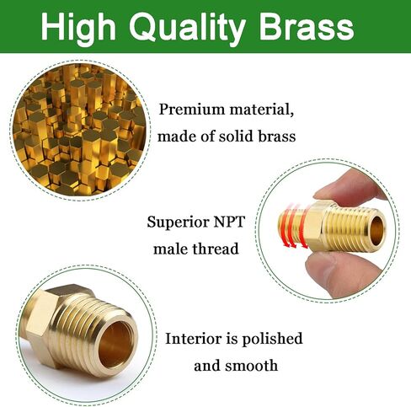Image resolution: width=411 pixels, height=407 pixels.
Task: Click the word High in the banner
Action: click(x=78, y=28)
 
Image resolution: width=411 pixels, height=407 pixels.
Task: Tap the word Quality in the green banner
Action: click(x=187, y=28)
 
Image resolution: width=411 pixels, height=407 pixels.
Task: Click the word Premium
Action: click(x=192, y=110)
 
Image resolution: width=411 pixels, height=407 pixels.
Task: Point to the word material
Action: click(x=261, y=109)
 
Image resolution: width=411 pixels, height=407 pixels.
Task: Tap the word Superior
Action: click(x=179, y=222)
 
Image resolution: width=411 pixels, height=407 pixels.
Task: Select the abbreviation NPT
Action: click(x=229, y=222)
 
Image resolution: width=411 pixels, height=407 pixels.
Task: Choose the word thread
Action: click(x=214, y=249)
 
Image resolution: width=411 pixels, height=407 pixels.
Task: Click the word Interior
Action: click(x=194, y=339)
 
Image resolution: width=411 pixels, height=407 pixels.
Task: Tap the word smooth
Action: click(x=252, y=366)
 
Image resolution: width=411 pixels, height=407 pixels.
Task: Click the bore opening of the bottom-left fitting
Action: click(x=116, y=345)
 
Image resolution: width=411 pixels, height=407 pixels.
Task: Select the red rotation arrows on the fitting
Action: click(x=294, y=225)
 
